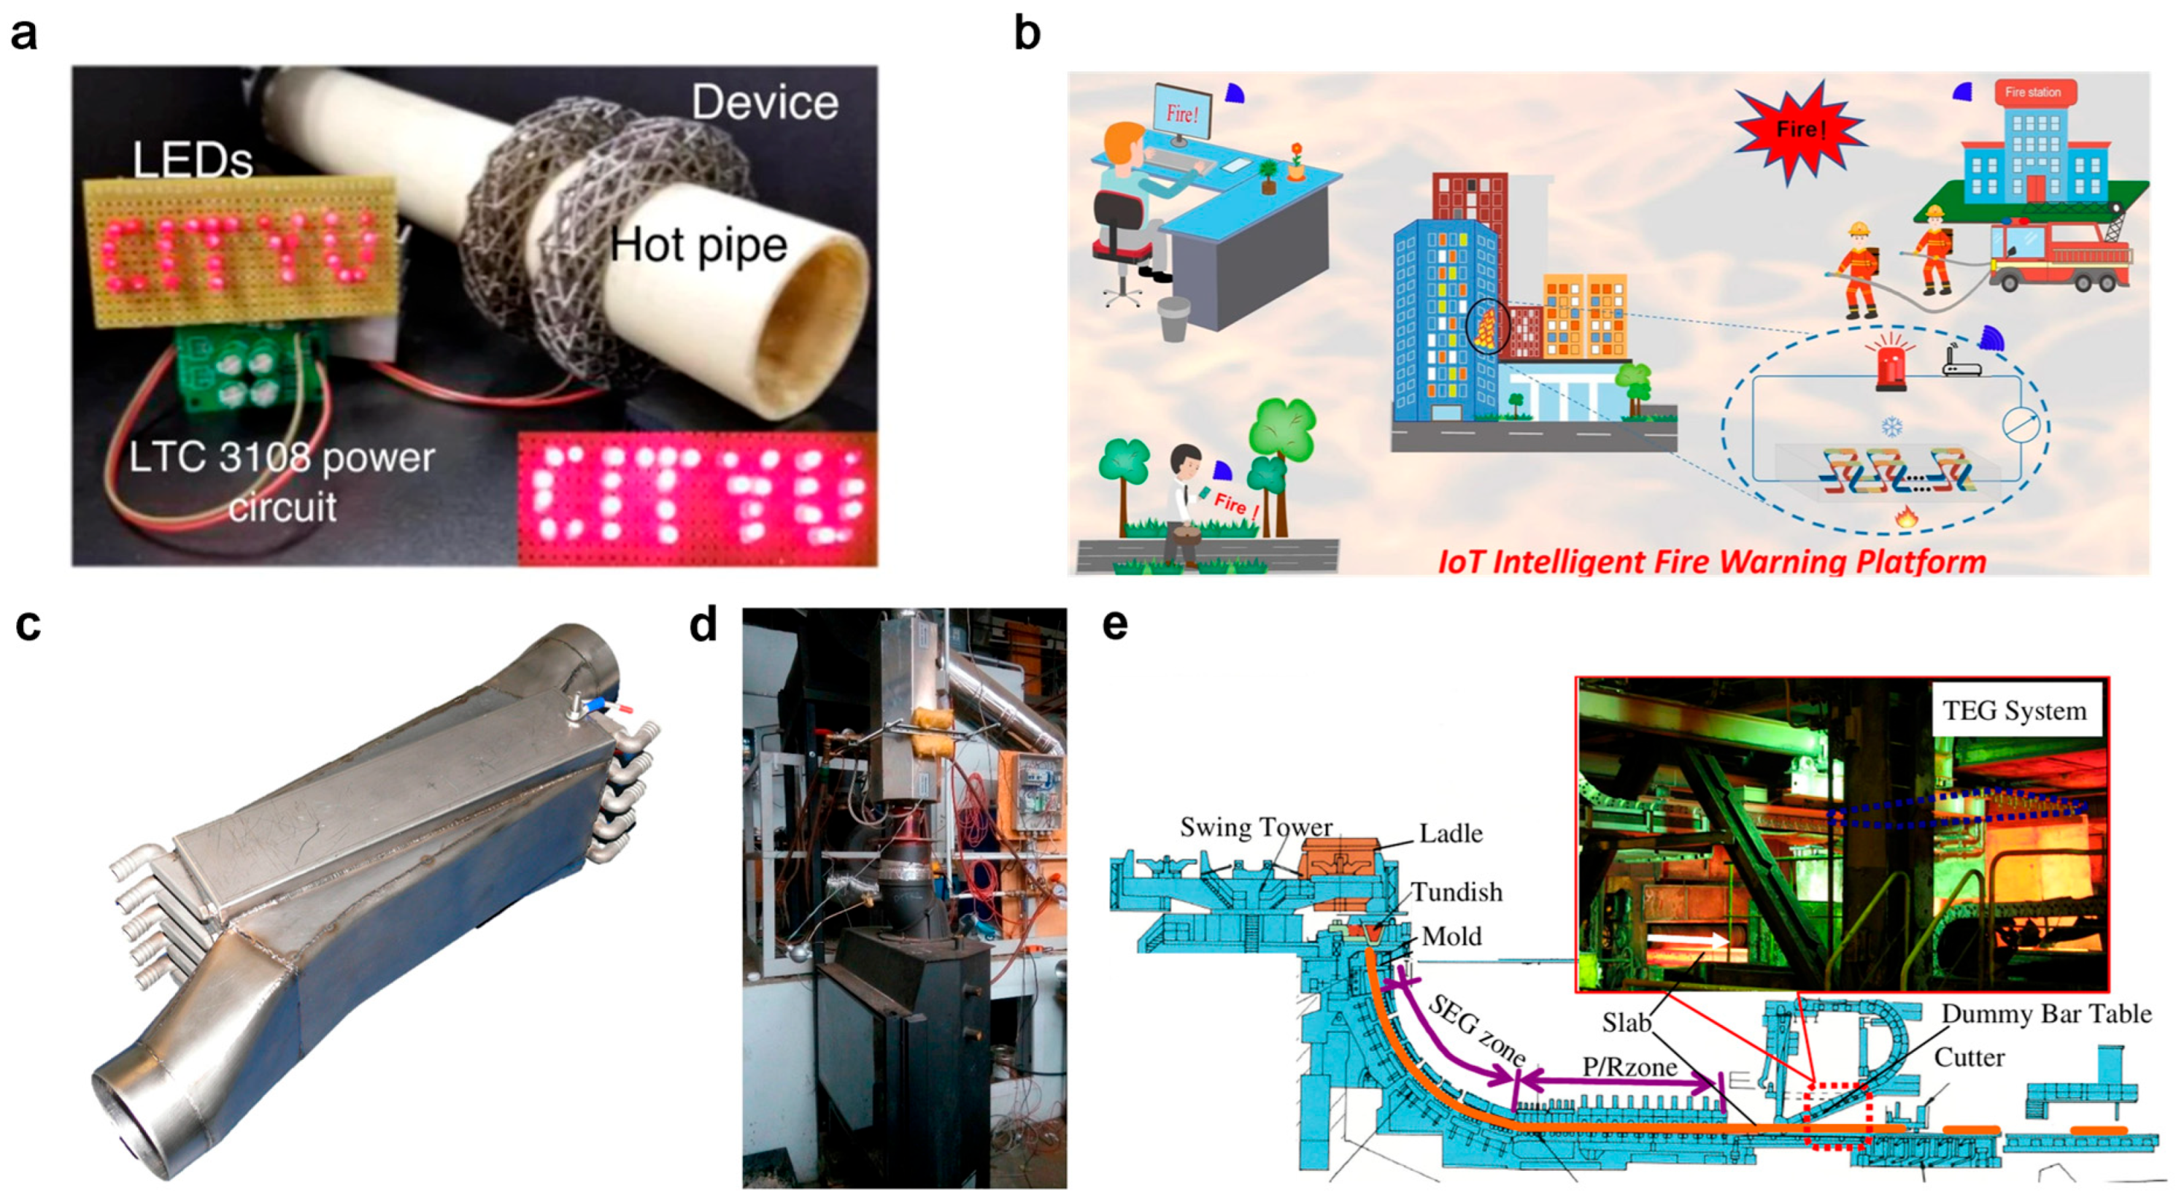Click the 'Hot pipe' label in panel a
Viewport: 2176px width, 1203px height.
[x=698, y=246]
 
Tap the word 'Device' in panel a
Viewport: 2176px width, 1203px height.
[x=765, y=103]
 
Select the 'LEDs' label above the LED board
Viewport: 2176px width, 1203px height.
[x=193, y=161]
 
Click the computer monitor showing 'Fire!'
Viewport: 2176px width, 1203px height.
[x=1181, y=115]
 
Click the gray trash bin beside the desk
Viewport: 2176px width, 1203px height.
[x=1174, y=319]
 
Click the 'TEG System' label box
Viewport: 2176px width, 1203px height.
[x=2014, y=711]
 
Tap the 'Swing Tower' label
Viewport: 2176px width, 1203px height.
[x=1255, y=827]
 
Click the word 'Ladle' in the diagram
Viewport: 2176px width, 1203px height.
[x=1451, y=834]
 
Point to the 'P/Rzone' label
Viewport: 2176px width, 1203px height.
[x=1629, y=1067]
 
